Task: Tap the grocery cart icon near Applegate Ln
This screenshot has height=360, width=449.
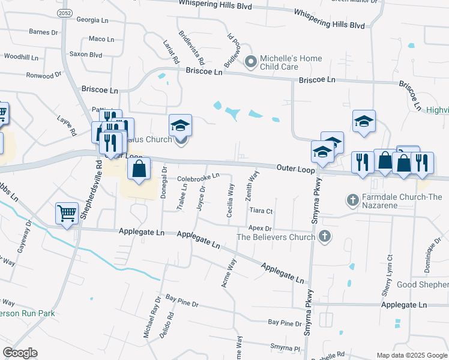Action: point(67,213)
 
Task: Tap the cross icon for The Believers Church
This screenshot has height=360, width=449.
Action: point(325,236)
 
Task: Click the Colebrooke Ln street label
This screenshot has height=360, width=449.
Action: point(198,178)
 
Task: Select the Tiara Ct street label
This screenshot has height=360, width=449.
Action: point(261,211)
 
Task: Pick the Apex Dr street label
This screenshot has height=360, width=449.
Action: point(261,229)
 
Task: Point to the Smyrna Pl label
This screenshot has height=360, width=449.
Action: point(285,347)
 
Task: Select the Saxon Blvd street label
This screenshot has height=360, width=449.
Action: point(87,54)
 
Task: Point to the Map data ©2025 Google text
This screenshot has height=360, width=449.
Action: point(411,355)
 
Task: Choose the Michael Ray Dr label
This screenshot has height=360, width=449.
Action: point(149,316)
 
